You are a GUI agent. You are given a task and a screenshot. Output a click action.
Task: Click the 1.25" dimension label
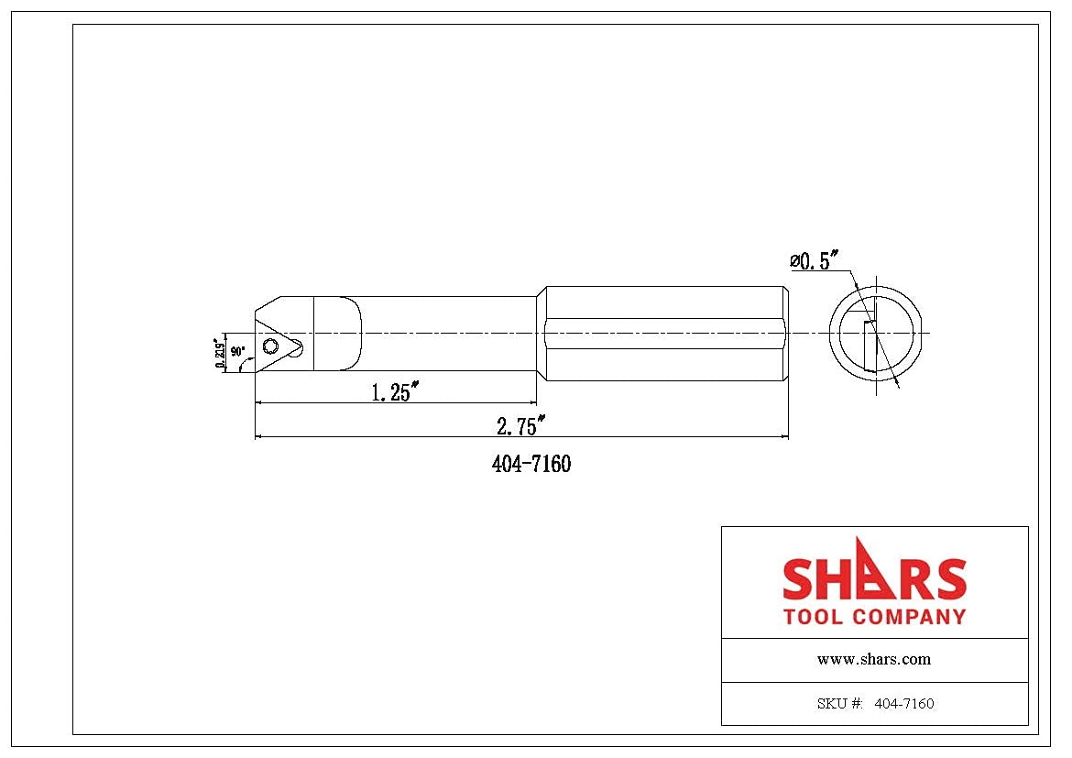[x=395, y=392]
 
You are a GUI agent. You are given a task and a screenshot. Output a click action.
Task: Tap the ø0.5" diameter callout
[x=815, y=261]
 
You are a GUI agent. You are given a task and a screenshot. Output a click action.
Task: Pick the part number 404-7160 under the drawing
[x=531, y=465]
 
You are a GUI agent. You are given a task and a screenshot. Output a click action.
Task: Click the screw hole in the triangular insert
[x=270, y=346]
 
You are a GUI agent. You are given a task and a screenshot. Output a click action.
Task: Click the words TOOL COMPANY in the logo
[x=874, y=617]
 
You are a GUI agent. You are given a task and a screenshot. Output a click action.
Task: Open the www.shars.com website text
[x=873, y=659]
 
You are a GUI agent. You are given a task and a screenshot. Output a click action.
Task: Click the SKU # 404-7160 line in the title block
[x=874, y=704]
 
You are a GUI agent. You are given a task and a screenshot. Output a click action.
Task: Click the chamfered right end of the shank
[x=785, y=333]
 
